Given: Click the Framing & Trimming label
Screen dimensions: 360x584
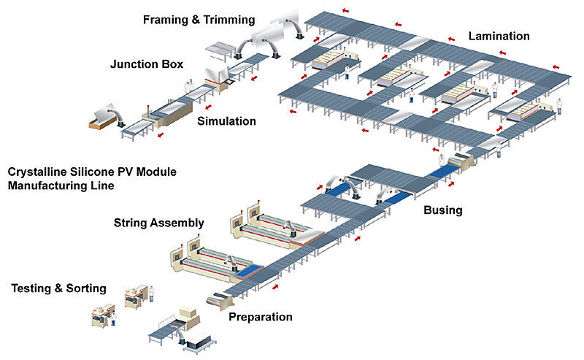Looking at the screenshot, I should click(199, 19).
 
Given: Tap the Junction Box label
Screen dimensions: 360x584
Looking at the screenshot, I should click(147, 64).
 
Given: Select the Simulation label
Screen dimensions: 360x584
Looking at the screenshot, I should click(226, 121).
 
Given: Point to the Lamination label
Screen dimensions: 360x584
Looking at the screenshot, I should click(499, 36).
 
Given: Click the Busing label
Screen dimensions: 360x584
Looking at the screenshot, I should click(443, 210).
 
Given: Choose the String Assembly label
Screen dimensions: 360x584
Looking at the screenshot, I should click(158, 222).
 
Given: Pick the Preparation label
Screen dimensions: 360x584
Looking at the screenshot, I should click(261, 317).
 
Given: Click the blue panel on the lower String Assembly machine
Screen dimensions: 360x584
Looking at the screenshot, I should click(250, 269).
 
